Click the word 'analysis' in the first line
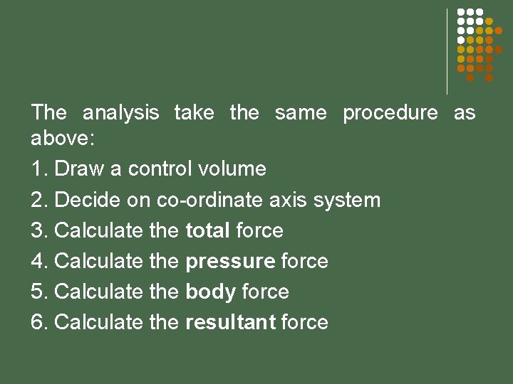[x=120, y=113]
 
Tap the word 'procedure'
[x=390, y=113]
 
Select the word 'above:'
[x=61, y=138]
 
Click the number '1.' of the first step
[x=39, y=169]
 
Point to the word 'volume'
[x=232, y=169]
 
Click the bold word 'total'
[x=207, y=230]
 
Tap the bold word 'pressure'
[x=230, y=262]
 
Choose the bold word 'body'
[x=210, y=292]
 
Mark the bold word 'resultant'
[x=230, y=323]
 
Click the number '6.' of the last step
[x=39, y=323]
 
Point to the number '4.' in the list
[x=39, y=262]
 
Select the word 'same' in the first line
[x=301, y=113]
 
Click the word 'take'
[x=194, y=113]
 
